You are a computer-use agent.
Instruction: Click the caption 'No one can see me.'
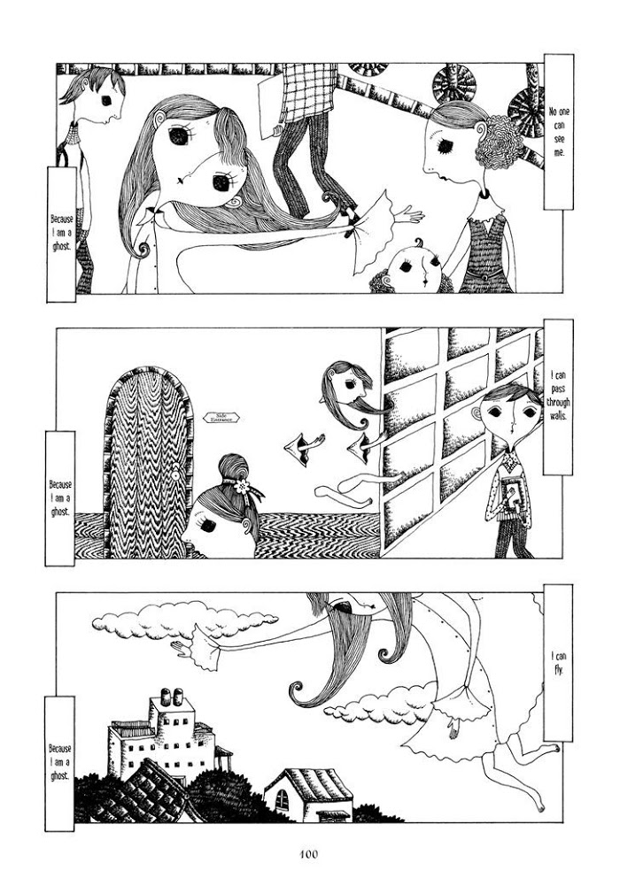point(558,132)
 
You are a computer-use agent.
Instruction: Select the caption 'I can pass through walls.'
point(558,395)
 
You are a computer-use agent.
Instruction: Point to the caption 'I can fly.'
point(558,664)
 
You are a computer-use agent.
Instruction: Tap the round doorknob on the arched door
point(176,476)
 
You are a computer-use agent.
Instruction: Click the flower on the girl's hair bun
point(243,485)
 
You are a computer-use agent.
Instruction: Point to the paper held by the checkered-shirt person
point(269,106)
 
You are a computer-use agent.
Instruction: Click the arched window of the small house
point(282,799)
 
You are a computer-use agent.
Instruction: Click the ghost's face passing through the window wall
point(347,385)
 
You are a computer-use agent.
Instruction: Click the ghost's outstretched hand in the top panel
point(409,216)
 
